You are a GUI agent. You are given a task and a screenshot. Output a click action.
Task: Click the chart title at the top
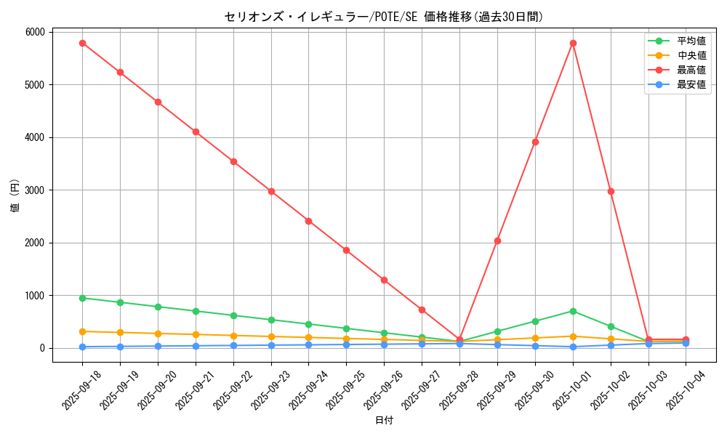click(383, 17)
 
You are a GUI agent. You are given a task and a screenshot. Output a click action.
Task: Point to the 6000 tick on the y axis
click(36, 32)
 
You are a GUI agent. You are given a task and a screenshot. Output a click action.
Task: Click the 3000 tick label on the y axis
click(36, 190)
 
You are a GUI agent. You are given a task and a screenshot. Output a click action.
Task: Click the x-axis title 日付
click(384, 421)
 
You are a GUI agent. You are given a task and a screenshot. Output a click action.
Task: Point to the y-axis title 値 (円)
click(15, 197)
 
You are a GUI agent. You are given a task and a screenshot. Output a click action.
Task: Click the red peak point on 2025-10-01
click(573, 44)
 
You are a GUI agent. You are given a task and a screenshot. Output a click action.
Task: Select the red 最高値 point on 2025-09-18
click(82, 44)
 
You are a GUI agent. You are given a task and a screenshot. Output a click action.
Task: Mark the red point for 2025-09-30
click(535, 142)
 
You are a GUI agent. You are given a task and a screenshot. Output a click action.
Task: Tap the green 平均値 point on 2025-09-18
click(82, 298)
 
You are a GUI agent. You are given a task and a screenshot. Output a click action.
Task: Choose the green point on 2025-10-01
click(573, 311)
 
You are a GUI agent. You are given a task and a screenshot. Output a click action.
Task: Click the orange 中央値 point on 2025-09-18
click(82, 331)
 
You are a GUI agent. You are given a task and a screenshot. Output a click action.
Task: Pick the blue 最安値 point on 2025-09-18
click(82, 347)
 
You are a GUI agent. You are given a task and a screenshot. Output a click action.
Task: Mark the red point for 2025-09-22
click(233, 161)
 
